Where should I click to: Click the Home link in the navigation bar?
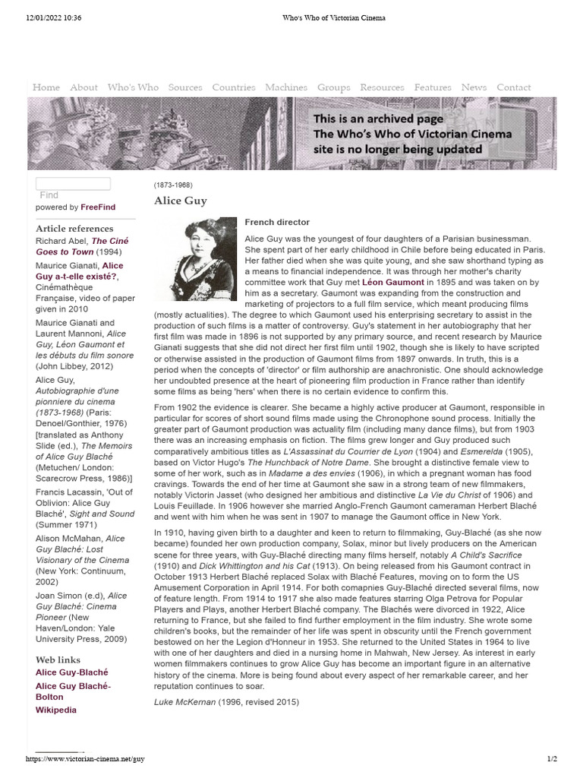(46, 87)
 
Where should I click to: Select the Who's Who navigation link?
(133, 87)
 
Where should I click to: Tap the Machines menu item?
(286, 87)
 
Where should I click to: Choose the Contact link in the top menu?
(514, 87)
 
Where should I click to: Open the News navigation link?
(474, 87)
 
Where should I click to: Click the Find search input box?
(73, 184)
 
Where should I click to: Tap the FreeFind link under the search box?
(99, 207)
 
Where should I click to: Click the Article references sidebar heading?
(74, 229)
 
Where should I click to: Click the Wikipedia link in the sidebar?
(56, 710)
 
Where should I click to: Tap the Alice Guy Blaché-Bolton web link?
(73, 691)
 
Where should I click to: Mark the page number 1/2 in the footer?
(552, 759)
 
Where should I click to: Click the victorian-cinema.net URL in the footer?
(85, 759)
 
